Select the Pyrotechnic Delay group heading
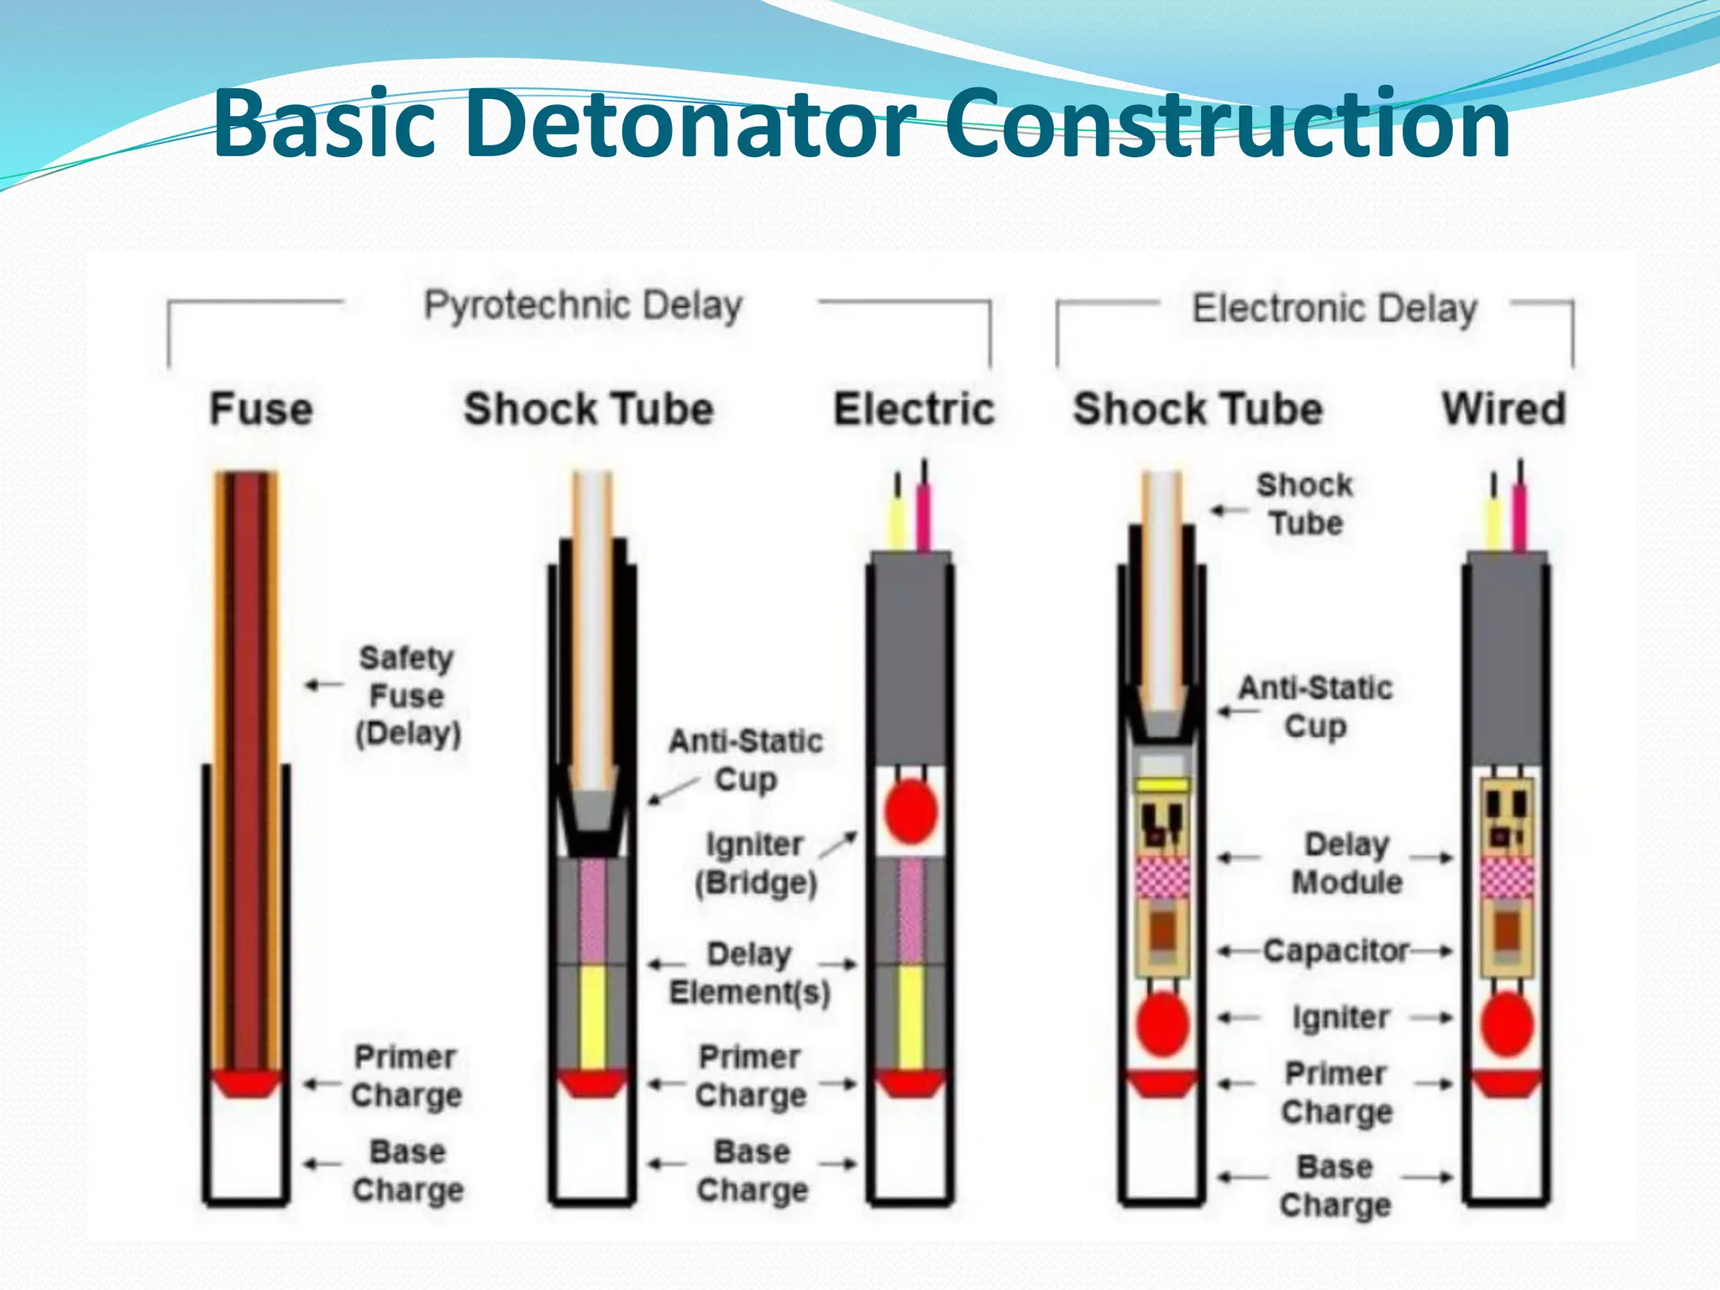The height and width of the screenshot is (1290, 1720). [x=582, y=307]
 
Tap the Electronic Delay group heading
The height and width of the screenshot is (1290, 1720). [x=1334, y=309]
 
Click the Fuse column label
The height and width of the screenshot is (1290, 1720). [x=261, y=410]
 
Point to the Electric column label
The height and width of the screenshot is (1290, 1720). [x=914, y=410]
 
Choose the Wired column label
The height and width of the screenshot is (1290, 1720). [x=1504, y=410]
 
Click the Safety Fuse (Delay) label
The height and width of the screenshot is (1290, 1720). [x=407, y=695]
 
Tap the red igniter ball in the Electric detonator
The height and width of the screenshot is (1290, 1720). [x=910, y=811]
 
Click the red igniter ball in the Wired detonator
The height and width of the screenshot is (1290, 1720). [x=1507, y=1024]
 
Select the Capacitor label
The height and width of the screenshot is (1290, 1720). [x=1335, y=951]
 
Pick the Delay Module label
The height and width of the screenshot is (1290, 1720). [x=1346, y=863]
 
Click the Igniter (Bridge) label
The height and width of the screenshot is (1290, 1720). [x=755, y=863]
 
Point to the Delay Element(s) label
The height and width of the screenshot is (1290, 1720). [x=749, y=973]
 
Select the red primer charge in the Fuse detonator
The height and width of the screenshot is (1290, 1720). [x=246, y=1083]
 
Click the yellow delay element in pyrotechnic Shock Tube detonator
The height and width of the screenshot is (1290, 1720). [x=592, y=1016]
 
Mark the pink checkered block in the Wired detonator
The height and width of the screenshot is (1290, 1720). [x=1507, y=878]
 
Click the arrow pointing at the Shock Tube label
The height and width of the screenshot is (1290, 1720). [x=1229, y=510]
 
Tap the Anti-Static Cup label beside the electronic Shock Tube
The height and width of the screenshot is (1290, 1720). [x=1315, y=707]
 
